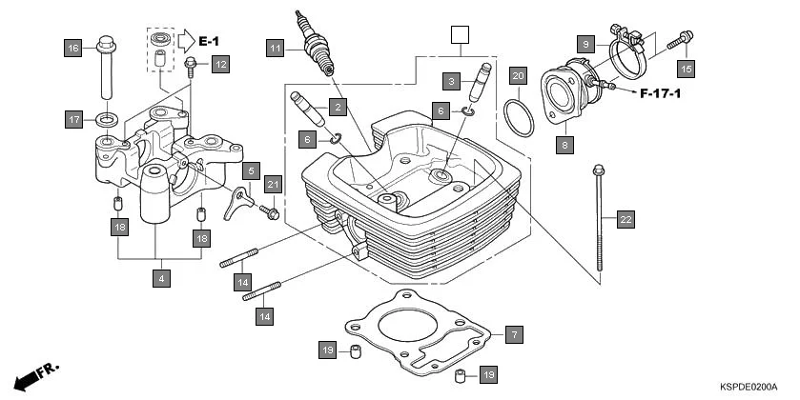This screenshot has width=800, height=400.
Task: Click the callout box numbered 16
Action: tap(72, 47)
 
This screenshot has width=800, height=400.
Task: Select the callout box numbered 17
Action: tap(72, 119)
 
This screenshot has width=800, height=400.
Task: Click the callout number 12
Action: tap(220, 65)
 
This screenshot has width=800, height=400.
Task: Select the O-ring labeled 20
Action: tap(517, 119)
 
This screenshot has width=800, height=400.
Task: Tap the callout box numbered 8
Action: tap(565, 146)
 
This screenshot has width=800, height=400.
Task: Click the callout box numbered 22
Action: tap(625, 220)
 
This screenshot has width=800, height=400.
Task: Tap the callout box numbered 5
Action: tap(251, 171)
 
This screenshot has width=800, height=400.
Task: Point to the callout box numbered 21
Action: tap(273, 185)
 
